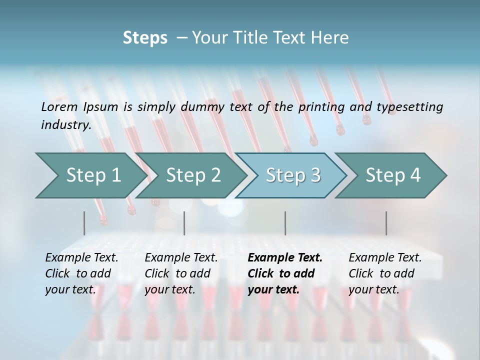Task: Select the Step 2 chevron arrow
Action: pos(193,175)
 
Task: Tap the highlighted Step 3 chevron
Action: pos(293,175)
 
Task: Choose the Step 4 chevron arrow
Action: pos(393,175)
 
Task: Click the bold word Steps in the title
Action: pos(145,37)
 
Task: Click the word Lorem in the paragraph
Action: pos(59,106)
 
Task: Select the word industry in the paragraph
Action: pos(65,125)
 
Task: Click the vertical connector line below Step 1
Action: pos(84,223)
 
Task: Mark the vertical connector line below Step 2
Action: pos(184,223)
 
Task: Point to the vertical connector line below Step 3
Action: pos(285,223)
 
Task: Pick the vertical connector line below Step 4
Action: pos(386,223)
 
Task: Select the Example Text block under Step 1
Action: pos(81,273)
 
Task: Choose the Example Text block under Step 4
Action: pos(385,273)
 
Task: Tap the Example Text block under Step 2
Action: pos(181,273)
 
